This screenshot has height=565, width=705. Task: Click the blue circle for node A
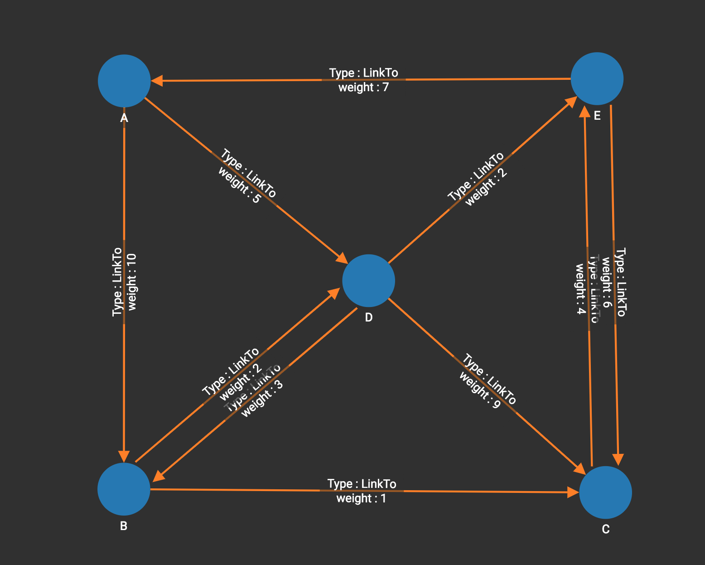pyautogui.click(x=124, y=81)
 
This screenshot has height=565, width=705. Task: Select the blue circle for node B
pyautogui.click(x=124, y=489)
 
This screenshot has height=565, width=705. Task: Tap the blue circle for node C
pyautogui.click(x=605, y=492)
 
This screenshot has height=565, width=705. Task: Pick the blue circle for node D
pyautogui.click(x=369, y=281)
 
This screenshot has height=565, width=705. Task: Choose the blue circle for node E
pyautogui.click(x=597, y=79)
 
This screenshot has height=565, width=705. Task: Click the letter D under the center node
pyautogui.click(x=369, y=317)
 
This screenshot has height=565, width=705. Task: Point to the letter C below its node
pyautogui.click(x=606, y=529)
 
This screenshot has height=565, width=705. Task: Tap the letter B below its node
pyautogui.click(x=124, y=526)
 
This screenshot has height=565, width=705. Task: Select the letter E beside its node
pyautogui.click(x=597, y=116)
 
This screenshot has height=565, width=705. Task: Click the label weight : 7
pyautogui.click(x=363, y=87)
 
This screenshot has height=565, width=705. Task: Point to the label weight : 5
pyautogui.click(x=239, y=185)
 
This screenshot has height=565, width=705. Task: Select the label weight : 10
pyautogui.click(x=132, y=282)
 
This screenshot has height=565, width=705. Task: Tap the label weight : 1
pyautogui.click(x=361, y=498)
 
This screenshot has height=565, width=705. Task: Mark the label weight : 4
pyautogui.click(x=581, y=289)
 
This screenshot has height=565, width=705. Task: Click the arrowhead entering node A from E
pyautogui.click(x=157, y=81)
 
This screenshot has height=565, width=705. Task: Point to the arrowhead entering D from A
pyautogui.click(x=342, y=259)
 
